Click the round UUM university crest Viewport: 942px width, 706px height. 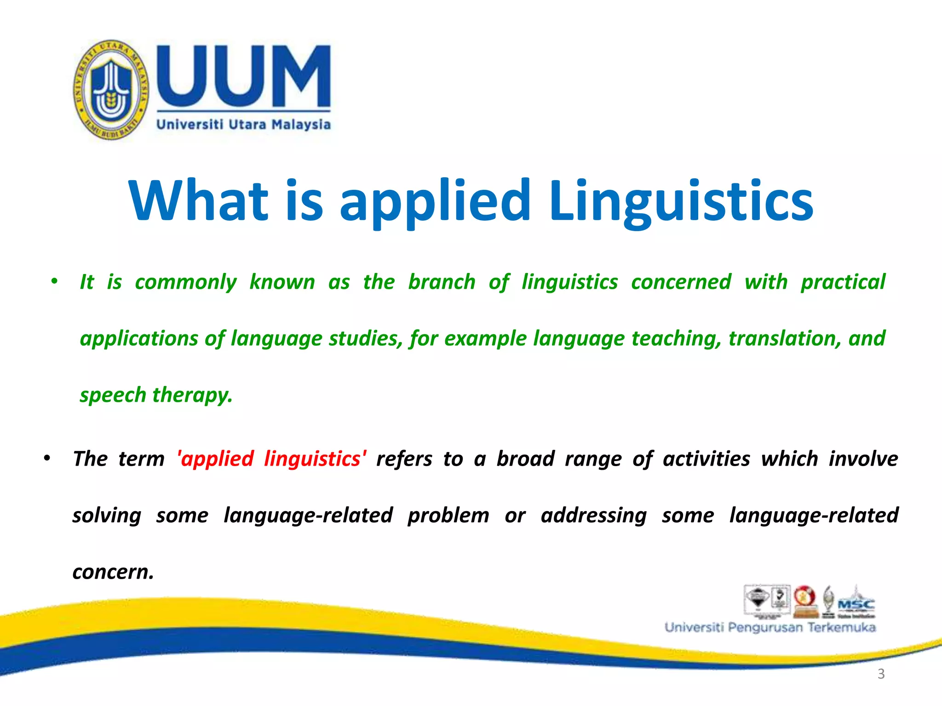pyautogui.click(x=111, y=90)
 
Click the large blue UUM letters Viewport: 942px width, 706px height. pyautogui.click(x=244, y=76)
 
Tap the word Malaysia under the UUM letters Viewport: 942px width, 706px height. pyautogui.click(x=301, y=125)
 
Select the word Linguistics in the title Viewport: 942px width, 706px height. pyautogui.click(x=681, y=201)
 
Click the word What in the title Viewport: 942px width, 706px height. pyautogui.click(x=198, y=201)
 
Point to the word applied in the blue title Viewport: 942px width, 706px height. pyautogui.click(x=435, y=201)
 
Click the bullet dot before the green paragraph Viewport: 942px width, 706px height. pyautogui.click(x=54, y=281)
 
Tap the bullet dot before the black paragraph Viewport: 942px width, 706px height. pyautogui.click(x=46, y=458)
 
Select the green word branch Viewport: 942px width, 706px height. pyautogui.click(x=442, y=282)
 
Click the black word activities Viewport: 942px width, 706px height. pyautogui.click(x=706, y=459)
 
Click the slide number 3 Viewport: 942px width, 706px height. pyautogui.click(x=881, y=674)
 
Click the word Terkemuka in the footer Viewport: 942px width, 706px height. pyautogui.click(x=841, y=627)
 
